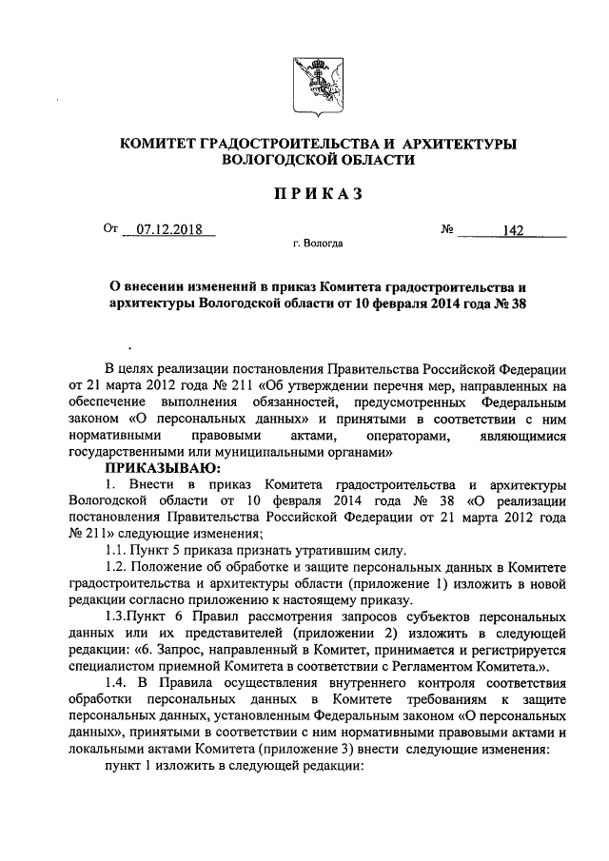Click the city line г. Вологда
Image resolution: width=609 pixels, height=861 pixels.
click(x=318, y=245)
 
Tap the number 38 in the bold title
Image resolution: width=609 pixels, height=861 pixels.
click(x=513, y=303)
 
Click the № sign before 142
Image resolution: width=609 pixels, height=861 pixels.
click(x=447, y=229)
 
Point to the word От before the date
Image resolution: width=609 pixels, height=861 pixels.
click(x=113, y=229)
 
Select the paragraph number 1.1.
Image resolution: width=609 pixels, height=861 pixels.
click(x=116, y=551)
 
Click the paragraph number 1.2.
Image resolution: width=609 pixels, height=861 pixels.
click(x=116, y=568)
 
